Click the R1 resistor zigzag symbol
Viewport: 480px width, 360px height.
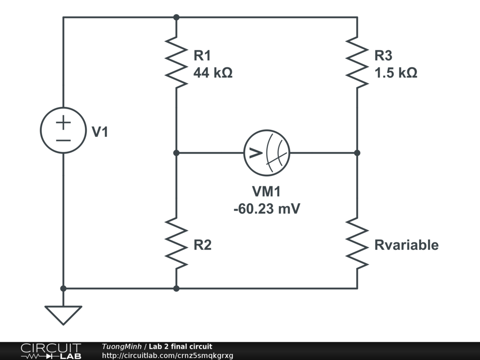coord(176,63)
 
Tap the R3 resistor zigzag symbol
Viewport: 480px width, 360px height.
coord(357,63)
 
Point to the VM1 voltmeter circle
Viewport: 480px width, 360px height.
coord(266,153)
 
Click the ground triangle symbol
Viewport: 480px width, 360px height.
coord(63,315)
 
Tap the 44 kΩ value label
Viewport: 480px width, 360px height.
coord(213,74)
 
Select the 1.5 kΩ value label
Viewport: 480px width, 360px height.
coord(396,74)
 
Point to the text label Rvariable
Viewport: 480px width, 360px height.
coord(406,245)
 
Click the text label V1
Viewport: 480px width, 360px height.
coord(99,133)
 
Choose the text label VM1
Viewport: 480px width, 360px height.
coord(266,191)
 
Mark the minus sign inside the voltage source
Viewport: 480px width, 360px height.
coord(63,140)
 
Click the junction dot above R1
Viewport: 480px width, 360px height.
coord(176,17)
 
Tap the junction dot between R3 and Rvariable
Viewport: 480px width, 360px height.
coord(357,153)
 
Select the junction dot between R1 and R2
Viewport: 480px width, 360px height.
coord(176,153)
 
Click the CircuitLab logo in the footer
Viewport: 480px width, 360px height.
coord(51,351)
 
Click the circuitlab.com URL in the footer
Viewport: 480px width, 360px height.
coord(167,355)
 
